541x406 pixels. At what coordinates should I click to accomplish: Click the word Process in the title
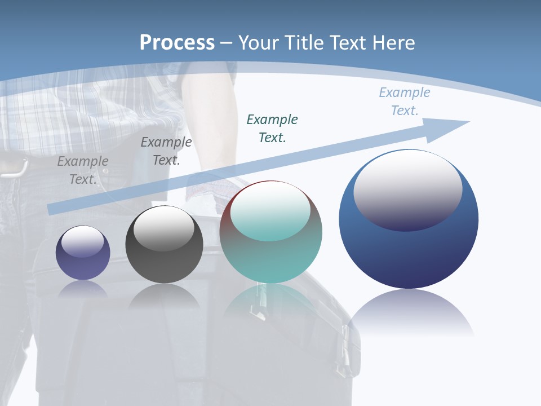(177, 43)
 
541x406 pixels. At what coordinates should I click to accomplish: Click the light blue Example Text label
(404, 101)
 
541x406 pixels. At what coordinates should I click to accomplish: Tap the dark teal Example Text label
(272, 128)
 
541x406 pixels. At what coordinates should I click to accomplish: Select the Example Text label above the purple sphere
(83, 170)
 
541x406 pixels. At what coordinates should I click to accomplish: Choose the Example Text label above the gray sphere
(166, 151)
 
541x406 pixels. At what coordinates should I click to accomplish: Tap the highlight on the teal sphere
(270, 211)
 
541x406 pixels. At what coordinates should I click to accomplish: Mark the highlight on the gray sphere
(163, 228)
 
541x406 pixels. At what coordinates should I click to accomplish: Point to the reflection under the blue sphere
(410, 313)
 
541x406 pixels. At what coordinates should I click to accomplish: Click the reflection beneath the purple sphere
(83, 289)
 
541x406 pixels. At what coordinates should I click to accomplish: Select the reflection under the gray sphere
(164, 296)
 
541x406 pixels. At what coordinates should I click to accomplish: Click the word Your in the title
(261, 43)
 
